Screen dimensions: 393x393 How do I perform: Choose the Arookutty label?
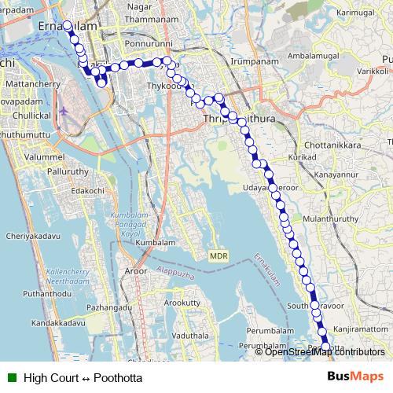click(x=183, y=302)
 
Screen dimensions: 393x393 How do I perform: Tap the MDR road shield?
click(x=218, y=257)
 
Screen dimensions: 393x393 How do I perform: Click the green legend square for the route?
click(x=11, y=376)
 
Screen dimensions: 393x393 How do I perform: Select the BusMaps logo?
click(x=355, y=376)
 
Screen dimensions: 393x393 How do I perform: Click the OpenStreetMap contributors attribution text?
click(x=324, y=352)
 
